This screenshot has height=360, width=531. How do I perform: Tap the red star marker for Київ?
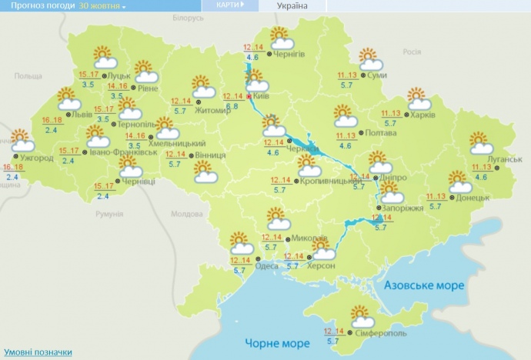[x=249, y=97]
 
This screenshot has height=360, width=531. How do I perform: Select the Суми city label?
[x=376, y=75]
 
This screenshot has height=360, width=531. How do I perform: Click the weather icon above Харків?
[x=417, y=99]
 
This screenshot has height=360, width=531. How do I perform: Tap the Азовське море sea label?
[x=425, y=285]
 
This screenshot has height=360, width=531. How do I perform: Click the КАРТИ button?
[x=230, y=5]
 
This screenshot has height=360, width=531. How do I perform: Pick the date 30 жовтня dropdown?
[x=102, y=5]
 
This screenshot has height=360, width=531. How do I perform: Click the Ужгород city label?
[x=37, y=158]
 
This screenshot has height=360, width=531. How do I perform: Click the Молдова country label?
[x=185, y=215]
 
